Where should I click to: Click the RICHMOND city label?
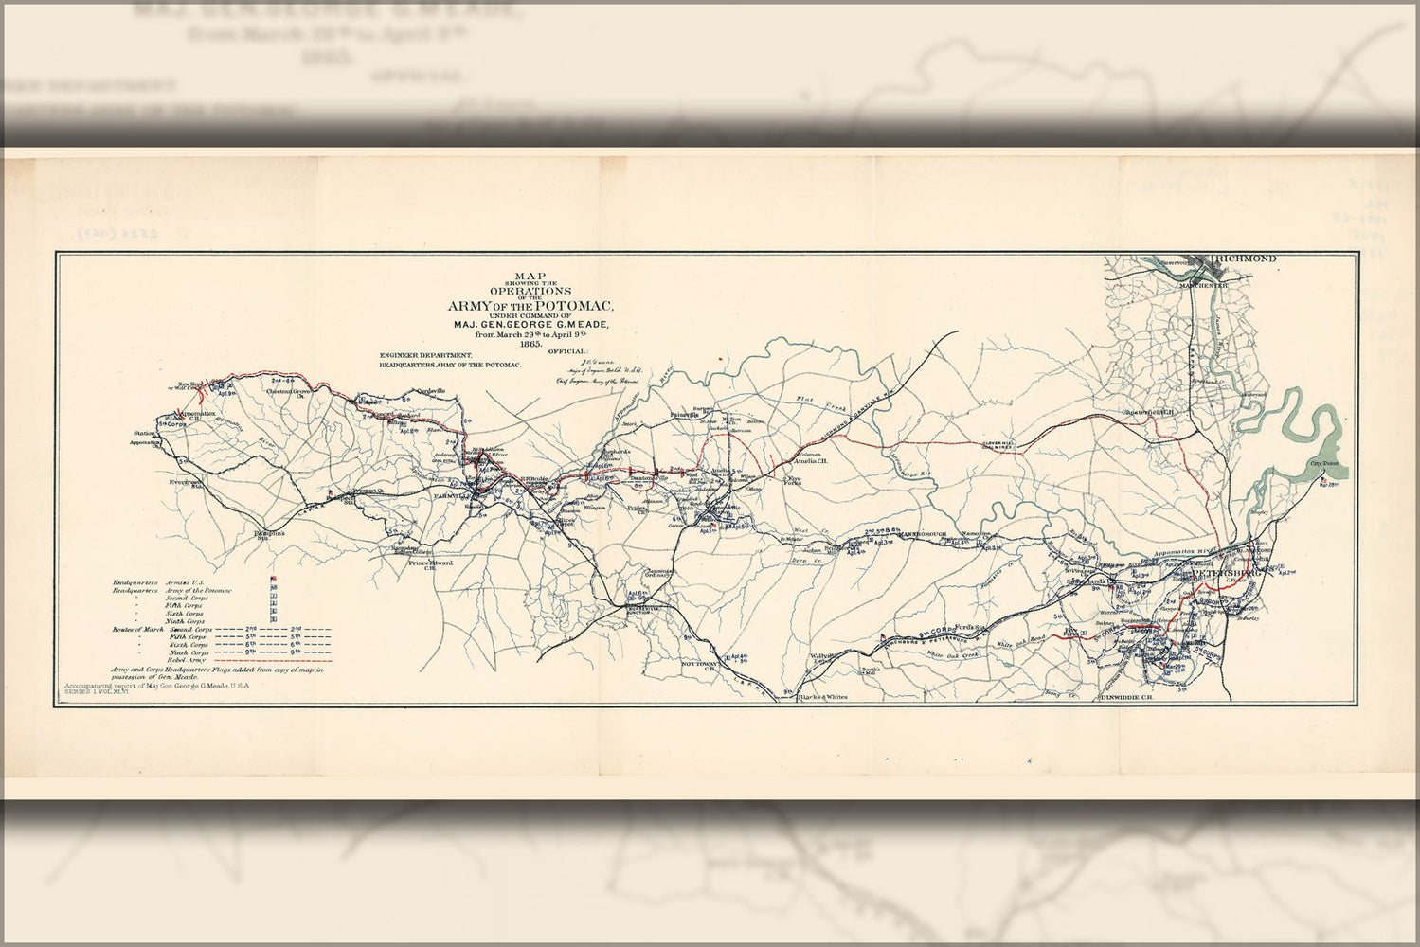1250,259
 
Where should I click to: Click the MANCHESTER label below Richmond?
1202,285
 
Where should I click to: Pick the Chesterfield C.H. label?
1148,412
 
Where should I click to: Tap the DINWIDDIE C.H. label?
1126,698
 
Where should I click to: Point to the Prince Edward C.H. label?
430,565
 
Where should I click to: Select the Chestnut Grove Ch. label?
290,393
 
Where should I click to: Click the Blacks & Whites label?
822,698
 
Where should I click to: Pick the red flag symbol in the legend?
274,579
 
